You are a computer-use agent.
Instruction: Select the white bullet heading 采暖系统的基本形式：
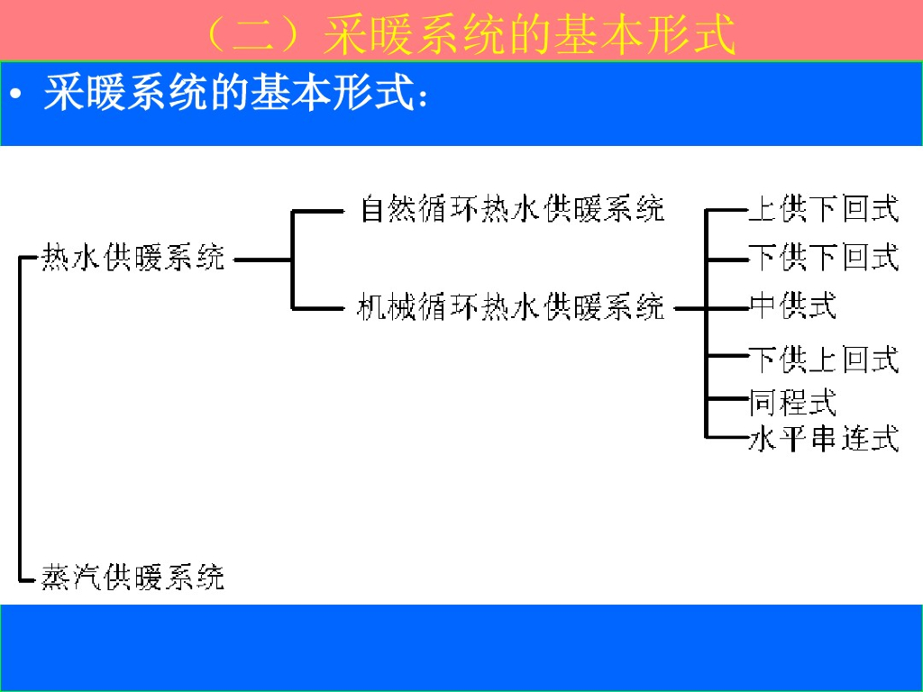pos(234,93)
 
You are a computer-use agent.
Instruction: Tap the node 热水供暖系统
pos(133,258)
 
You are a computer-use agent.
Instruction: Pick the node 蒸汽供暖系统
pos(133,576)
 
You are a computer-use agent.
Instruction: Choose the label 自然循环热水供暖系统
pos(511,209)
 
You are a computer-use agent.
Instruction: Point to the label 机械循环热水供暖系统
pos(511,307)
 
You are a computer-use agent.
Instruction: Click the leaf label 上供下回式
pos(823,209)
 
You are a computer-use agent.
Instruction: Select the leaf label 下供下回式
pos(823,258)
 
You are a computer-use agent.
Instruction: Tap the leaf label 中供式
pos(792,306)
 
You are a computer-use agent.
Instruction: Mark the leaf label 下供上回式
pos(823,360)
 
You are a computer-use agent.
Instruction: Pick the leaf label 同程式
pos(792,402)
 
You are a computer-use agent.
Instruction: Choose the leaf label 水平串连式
pos(823,440)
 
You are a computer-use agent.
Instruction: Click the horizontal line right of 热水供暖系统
pos(262,260)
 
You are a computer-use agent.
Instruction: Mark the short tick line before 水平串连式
pos(727,439)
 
